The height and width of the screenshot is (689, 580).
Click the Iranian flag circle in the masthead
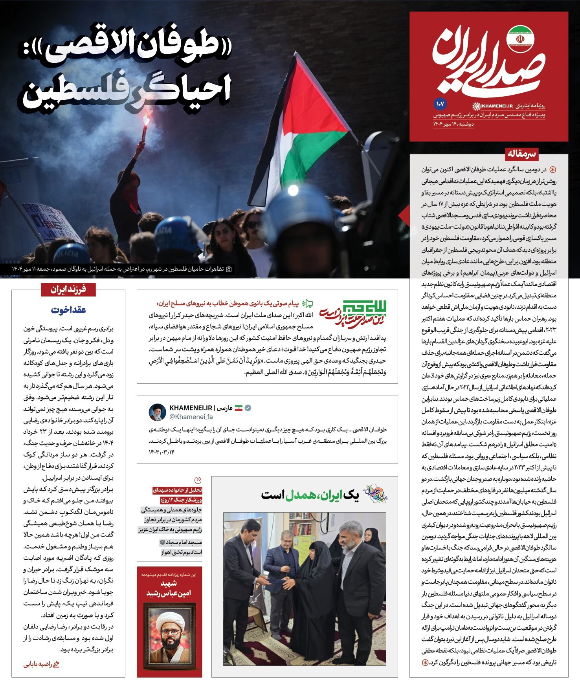[519, 39]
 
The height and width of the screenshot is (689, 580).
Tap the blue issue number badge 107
[440, 104]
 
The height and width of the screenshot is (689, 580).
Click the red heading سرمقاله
[521, 153]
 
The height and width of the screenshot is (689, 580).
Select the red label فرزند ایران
[68, 290]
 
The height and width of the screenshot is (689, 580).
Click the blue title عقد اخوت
[68, 310]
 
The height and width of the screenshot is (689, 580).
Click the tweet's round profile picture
[157, 412]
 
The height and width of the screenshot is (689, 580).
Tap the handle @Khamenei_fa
[191, 417]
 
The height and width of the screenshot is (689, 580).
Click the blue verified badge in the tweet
[248, 408]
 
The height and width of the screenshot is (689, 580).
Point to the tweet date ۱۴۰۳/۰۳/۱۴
[162, 452]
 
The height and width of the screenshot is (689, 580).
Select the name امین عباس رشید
[169, 593]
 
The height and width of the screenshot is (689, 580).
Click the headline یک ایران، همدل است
[310, 495]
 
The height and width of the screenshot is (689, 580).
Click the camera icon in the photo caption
[229, 269]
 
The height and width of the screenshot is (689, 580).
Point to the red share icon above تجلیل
[198, 480]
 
